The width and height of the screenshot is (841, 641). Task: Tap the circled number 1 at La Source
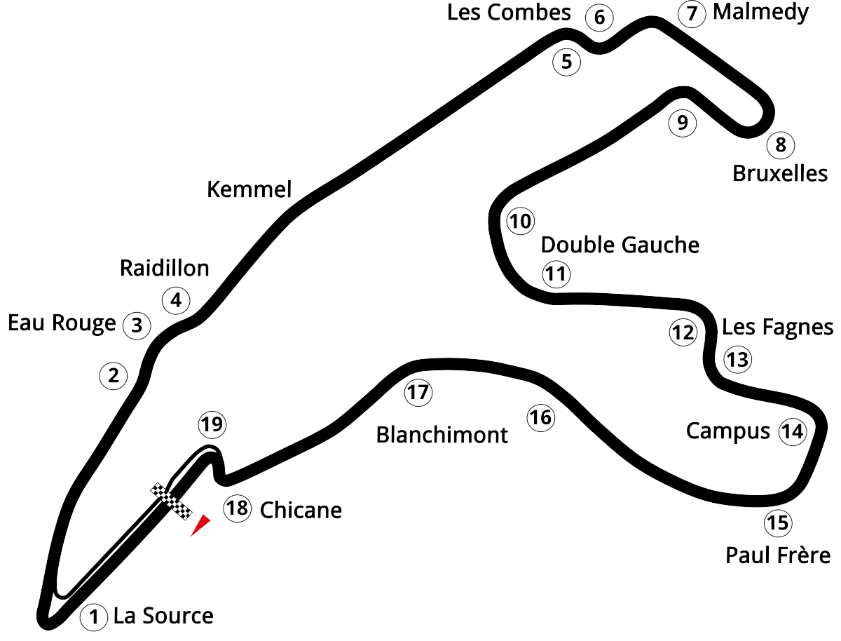[x=92, y=617]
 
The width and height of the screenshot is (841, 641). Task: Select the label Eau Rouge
[x=62, y=323]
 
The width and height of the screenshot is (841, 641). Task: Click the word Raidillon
[x=165, y=268]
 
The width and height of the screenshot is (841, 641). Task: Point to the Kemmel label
[x=249, y=189]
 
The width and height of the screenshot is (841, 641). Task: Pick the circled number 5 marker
[x=566, y=62]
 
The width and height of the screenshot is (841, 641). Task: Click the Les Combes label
[x=510, y=13]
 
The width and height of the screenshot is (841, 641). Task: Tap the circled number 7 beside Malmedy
[x=692, y=14]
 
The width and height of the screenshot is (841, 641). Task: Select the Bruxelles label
[x=780, y=173]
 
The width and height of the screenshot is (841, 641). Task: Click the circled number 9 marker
[x=682, y=123]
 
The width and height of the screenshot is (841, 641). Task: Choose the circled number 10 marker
[x=520, y=222]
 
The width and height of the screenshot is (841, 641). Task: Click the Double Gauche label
[x=620, y=245]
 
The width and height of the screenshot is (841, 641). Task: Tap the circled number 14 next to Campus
[x=792, y=431]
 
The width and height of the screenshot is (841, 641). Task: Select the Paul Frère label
[x=778, y=556]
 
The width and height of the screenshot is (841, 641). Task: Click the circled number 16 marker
[x=540, y=418]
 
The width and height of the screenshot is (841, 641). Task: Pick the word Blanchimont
[x=442, y=434]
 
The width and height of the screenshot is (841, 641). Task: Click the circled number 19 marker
[x=212, y=424]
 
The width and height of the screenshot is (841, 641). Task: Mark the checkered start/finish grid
[x=170, y=501]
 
